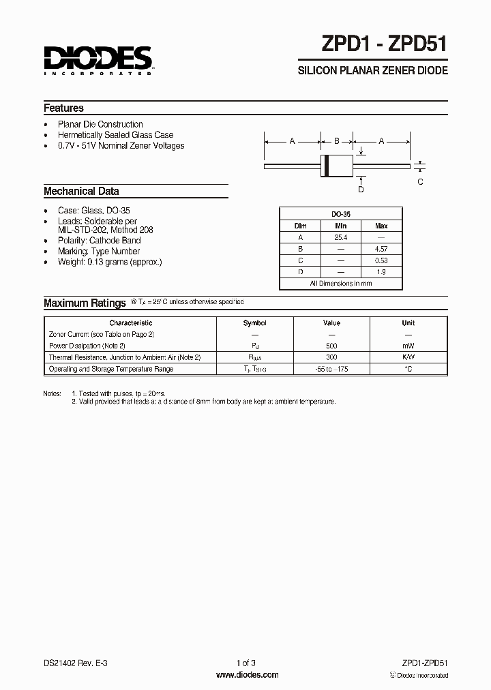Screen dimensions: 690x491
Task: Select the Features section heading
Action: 63,108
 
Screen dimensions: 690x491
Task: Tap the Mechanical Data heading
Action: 81,192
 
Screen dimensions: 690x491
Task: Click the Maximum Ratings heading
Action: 85,303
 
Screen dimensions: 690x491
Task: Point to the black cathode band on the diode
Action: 327,166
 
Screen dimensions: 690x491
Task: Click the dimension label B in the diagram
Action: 336,141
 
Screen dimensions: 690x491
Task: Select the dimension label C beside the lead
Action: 420,181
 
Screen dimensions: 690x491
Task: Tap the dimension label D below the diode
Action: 361,190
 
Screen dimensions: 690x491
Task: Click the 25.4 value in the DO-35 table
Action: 340,237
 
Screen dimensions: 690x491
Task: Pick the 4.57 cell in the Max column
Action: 381,249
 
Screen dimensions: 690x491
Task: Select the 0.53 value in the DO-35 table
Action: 381,260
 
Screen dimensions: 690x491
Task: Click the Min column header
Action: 340,226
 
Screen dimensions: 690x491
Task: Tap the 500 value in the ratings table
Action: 331,346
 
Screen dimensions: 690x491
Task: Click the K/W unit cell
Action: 408,357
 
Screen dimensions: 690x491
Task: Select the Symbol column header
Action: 255,322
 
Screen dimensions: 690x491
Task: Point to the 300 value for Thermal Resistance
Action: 331,357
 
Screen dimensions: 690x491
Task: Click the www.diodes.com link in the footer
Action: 247,675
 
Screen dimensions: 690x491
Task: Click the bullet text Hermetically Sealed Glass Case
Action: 115,135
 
